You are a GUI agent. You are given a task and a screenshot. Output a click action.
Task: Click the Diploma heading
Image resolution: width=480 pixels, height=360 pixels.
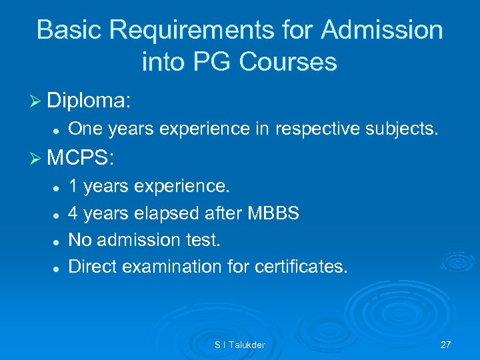(89, 101)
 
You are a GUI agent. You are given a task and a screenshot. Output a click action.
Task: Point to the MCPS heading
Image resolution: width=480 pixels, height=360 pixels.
(81, 159)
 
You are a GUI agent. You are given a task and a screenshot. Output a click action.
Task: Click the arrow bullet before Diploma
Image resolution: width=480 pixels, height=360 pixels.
(37, 101)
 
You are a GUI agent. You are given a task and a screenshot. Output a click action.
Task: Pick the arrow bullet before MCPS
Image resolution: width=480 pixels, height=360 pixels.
(37, 159)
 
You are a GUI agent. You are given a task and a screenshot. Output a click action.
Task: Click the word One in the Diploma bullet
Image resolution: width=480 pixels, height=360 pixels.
(84, 129)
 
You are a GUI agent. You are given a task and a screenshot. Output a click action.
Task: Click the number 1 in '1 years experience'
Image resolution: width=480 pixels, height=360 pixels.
(73, 186)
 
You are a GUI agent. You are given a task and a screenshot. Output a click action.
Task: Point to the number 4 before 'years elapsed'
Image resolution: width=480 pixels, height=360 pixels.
(74, 213)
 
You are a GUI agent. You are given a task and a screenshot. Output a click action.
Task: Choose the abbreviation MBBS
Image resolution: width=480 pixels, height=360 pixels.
(273, 213)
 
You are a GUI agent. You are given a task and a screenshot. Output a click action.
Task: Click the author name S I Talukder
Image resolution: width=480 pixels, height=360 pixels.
(239, 345)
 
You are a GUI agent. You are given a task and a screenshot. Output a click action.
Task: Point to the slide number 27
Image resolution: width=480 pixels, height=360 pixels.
(445, 345)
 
